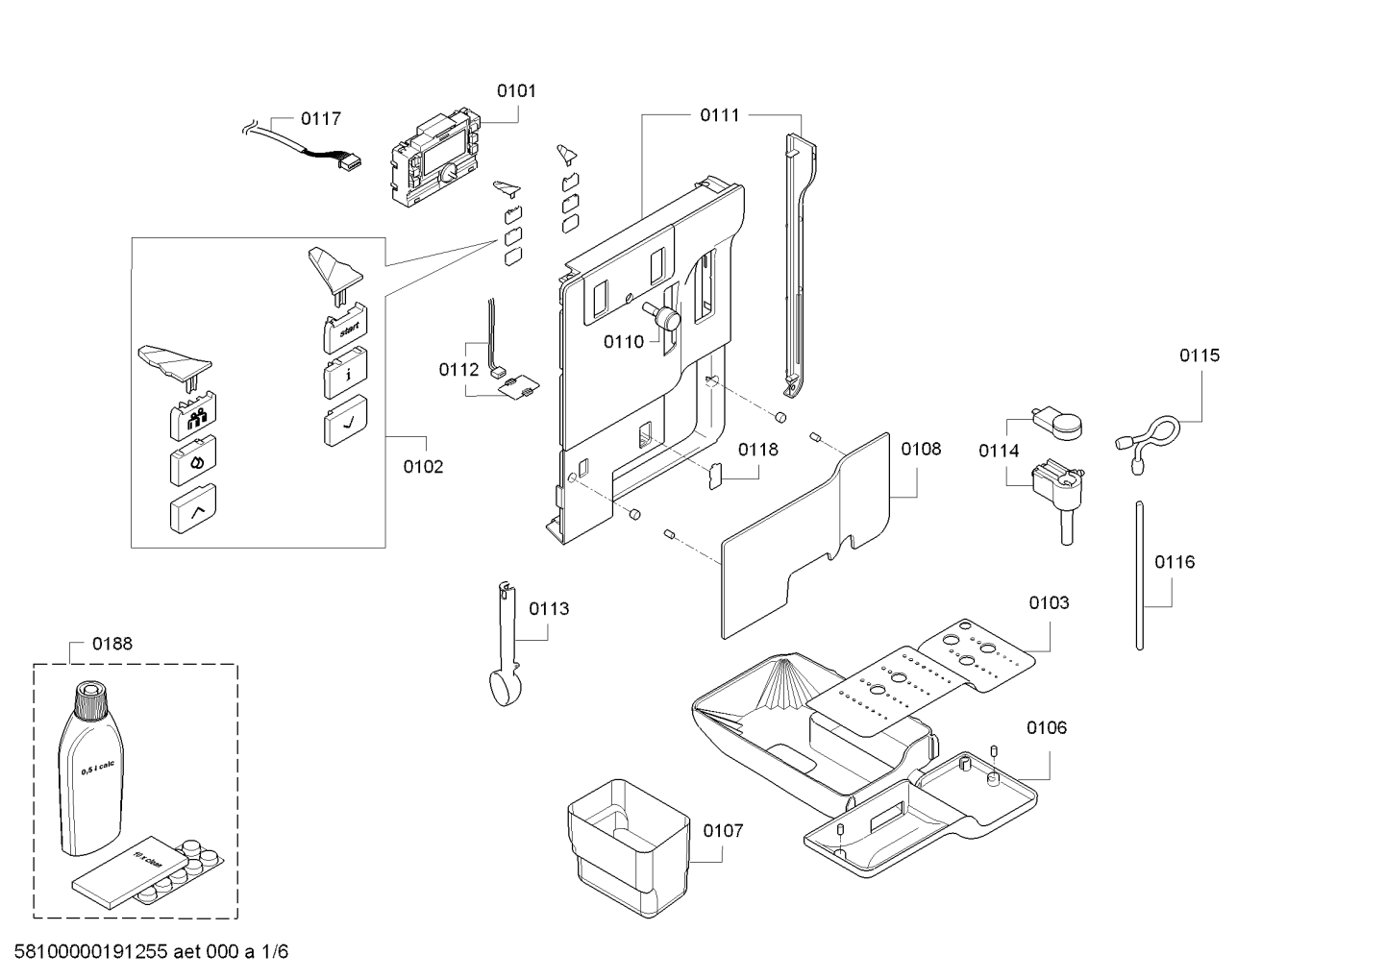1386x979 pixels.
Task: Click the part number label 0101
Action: [x=516, y=91]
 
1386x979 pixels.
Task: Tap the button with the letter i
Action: [x=345, y=373]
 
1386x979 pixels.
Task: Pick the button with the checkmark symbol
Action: [x=345, y=421]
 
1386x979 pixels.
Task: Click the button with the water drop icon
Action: [x=193, y=460]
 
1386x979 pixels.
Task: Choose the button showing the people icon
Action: [x=193, y=414]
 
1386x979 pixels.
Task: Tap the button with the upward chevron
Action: [x=193, y=508]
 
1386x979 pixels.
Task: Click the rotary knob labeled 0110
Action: [x=663, y=315]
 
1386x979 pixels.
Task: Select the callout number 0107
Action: [x=723, y=831]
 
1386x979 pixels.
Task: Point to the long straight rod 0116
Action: [x=1140, y=575]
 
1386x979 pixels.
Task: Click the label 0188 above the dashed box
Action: [x=112, y=644]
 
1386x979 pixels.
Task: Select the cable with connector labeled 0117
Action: [x=303, y=147]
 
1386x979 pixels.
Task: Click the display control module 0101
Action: [x=435, y=159]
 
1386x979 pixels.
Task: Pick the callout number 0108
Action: [x=921, y=449]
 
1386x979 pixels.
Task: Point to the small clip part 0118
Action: [x=716, y=476]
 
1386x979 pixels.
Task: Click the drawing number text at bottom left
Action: [x=151, y=952]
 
